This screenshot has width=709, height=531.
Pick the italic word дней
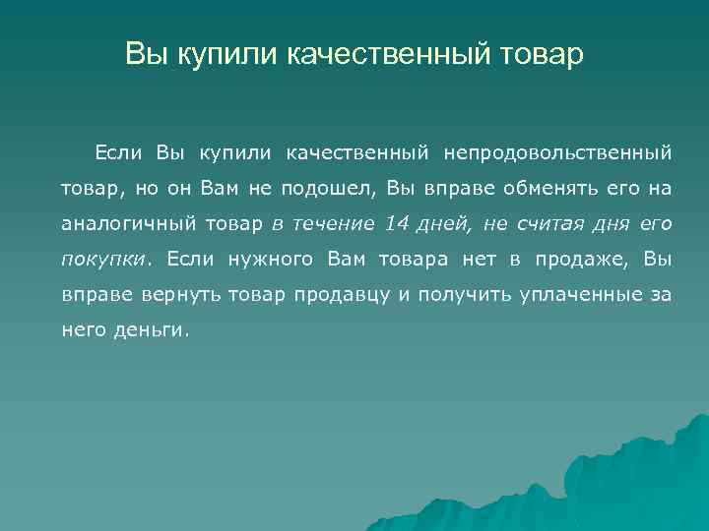pyautogui.click(x=447, y=223)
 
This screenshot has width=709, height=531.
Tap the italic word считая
pyautogui.click(x=557, y=223)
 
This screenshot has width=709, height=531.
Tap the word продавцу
pyautogui.click(x=343, y=295)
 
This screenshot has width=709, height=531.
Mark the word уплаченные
pyautogui.click(x=576, y=295)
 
